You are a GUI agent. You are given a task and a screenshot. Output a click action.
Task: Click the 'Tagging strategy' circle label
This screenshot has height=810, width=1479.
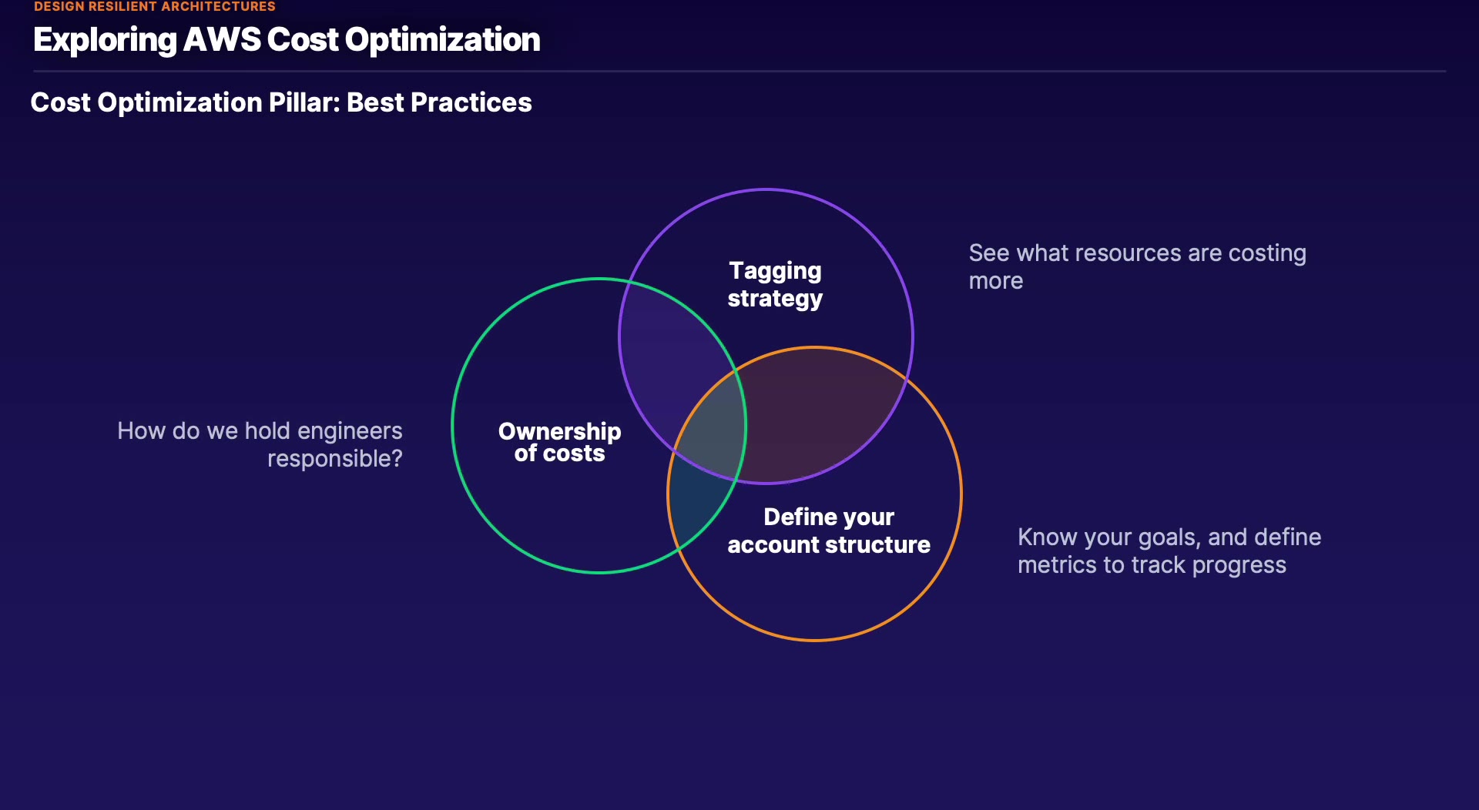pos(775,285)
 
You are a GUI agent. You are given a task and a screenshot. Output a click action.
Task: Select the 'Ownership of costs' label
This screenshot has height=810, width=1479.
pos(560,442)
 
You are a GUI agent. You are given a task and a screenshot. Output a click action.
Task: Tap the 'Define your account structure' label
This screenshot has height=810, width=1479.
pos(829,531)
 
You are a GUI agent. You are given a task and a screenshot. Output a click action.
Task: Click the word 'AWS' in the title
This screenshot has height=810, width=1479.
pos(222,39)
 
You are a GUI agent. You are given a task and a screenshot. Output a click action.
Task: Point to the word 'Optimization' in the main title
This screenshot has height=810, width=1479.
pos(443,40)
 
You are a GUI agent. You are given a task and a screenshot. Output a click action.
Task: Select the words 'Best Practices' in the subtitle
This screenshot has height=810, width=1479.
pos(439,102)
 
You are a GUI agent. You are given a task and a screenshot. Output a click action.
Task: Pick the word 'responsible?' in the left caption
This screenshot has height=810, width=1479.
pos(335,459)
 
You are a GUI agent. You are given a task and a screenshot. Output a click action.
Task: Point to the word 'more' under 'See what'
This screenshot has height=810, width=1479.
pos(996,281)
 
